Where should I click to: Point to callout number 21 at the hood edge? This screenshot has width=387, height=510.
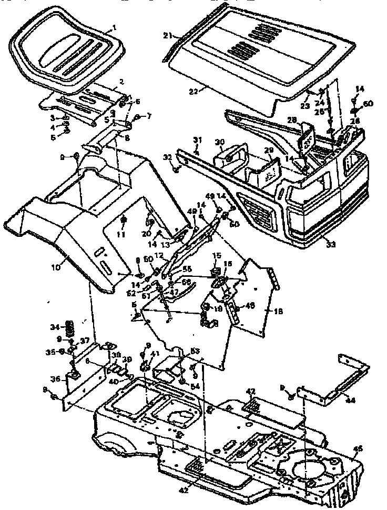167,36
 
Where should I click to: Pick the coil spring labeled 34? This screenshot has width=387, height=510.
68,327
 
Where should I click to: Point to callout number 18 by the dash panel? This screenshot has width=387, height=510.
278,312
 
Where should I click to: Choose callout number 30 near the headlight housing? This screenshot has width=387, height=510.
219,142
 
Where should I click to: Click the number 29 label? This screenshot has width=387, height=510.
269,151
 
